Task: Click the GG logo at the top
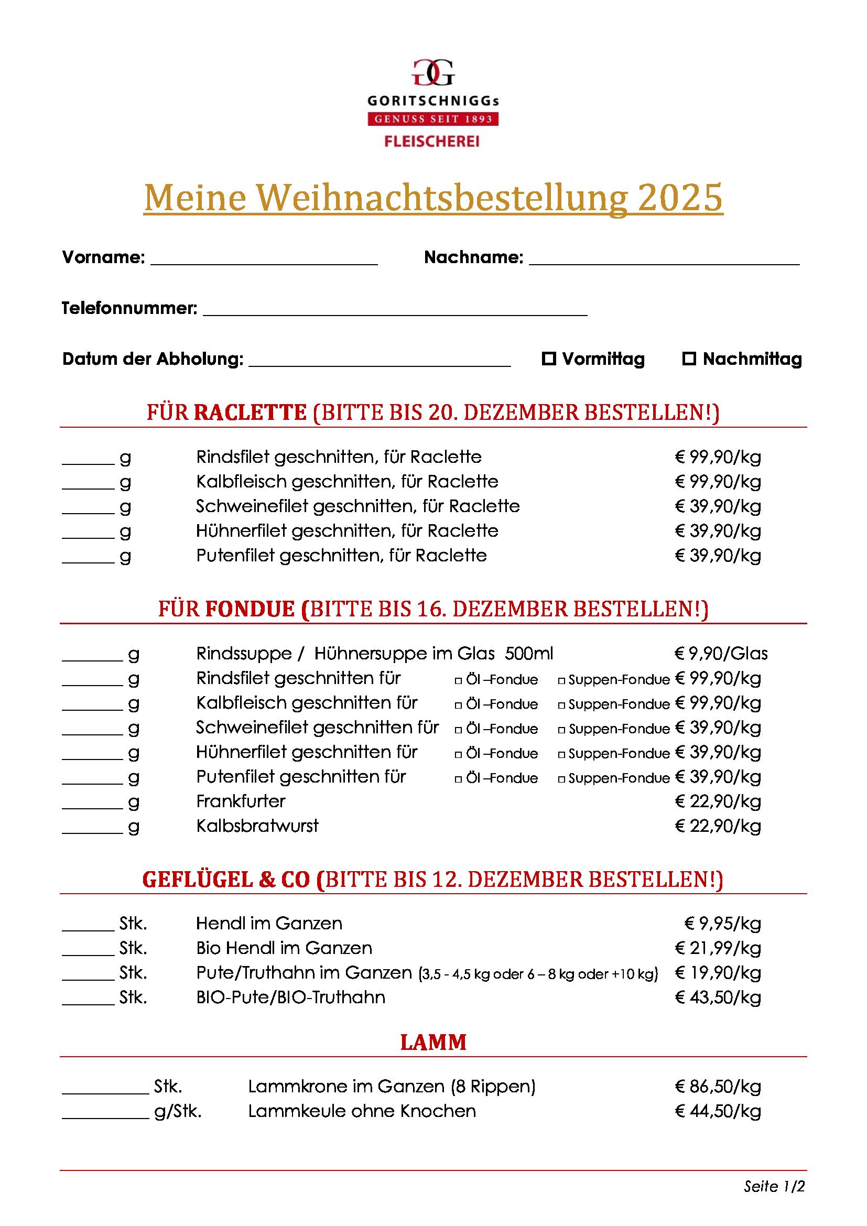pos(433,73)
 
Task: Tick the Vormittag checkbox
pos(548,359)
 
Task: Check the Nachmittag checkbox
pos(689,359)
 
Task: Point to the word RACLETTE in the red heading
pos(250,413)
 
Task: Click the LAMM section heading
pos(433,1043)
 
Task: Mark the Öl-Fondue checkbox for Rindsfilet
pos(458,681)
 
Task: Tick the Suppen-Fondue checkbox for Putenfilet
pos(561,779)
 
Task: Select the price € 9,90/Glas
pos(721,654)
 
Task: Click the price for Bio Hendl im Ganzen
pos(718,948)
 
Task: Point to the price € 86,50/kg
pos(718,1087)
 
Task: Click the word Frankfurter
pos(241,801)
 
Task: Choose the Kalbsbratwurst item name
pos(257,826)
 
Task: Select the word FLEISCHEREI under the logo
pos(432,141)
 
